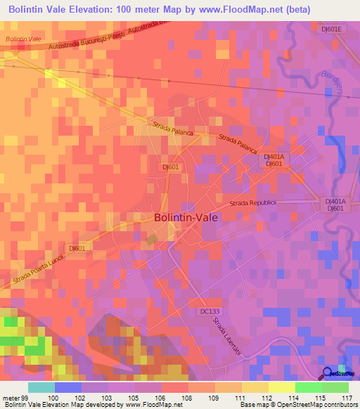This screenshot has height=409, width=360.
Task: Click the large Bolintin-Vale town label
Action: pos(186,218)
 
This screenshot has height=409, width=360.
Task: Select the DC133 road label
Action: pos(210,310)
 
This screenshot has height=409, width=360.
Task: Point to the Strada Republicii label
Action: pos(255,203)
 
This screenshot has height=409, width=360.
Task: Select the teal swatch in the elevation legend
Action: pos(41,387)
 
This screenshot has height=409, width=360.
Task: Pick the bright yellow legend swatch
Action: pos(281,387)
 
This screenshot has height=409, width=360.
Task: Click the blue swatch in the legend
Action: pos(67,387)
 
